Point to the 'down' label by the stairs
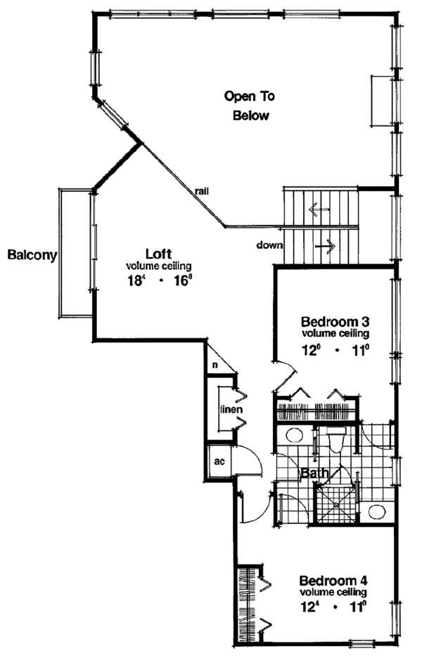tap(270, 246)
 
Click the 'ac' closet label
tap(219, 463)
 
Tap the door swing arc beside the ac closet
tap(251, 465)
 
